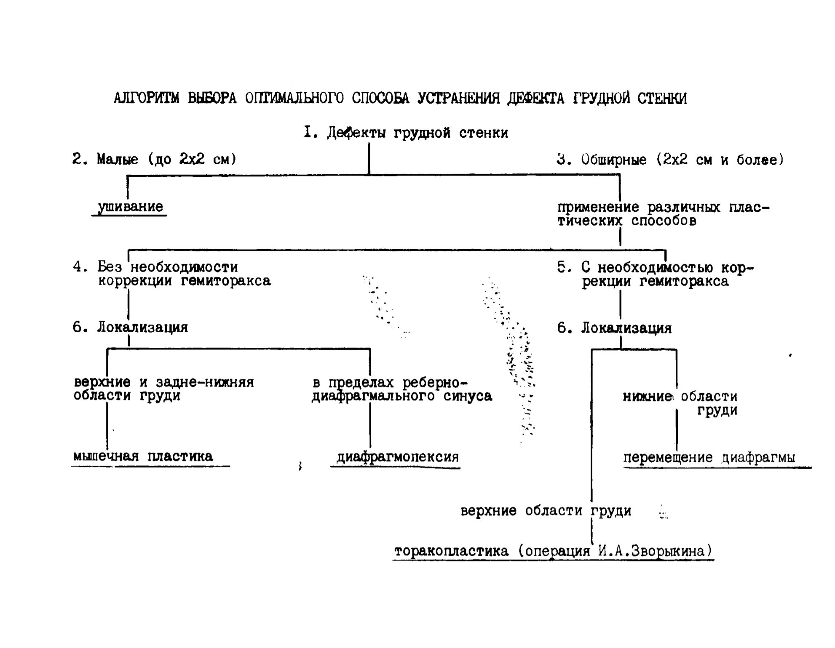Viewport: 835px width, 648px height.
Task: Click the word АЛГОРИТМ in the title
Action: tap(146, 98)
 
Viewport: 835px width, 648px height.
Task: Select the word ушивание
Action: tap(131, 207)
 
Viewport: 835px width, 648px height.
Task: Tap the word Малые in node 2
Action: tap(118, 159)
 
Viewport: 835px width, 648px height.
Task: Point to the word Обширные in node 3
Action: tap(614, 160)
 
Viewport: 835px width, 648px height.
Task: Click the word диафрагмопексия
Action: tap(397, 457)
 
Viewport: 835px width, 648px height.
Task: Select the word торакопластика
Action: tap(451, 551)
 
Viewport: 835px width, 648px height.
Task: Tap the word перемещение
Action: tap(668, 458)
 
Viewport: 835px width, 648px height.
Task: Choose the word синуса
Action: tap(468, 396)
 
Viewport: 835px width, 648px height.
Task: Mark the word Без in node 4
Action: tap(110, 267)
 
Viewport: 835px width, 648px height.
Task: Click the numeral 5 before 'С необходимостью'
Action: tap(561, 267)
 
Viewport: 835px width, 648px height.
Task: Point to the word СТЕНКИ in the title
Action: tap(662, 99)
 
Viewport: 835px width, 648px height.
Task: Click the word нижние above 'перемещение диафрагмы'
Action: tap(647, 397)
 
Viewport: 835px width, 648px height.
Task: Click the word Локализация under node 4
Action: tap(142, 328)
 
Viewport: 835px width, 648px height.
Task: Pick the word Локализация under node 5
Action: tap(626, 328)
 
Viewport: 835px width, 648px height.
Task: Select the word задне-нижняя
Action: tap(205, 382)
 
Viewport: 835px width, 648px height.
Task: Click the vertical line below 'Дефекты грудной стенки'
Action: tap(369, 159)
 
